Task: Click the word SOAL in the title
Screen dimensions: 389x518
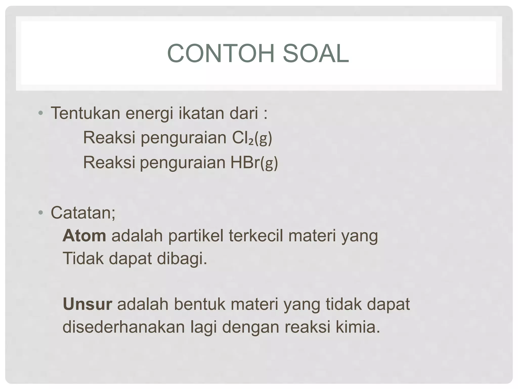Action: pos(316,53)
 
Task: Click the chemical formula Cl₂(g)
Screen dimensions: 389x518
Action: pos(252,138)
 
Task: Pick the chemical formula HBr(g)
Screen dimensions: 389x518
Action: pos(254,163)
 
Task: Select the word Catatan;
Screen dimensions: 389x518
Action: pos(83,213)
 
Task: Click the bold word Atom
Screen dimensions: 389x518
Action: pos(84,236)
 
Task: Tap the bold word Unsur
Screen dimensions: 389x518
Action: pos(87,304)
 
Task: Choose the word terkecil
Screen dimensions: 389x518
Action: pos(256,236)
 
